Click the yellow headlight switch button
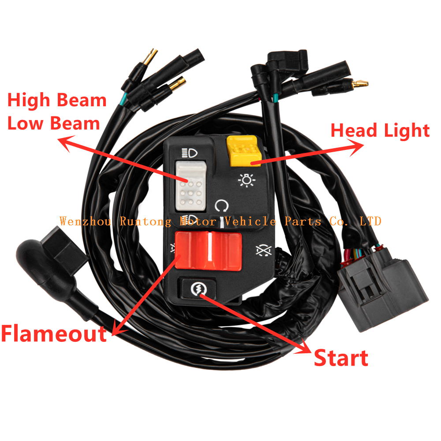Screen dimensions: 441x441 pos(244,151)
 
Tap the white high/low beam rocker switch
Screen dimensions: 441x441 pos(191,186)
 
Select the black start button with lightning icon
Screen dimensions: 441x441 pos(198,288)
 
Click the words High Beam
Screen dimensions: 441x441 pos(57,101)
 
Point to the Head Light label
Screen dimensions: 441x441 pos(380,131)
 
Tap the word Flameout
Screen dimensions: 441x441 pos(54,333)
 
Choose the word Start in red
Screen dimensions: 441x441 pos(341,358)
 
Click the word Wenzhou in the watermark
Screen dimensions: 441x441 pos(85,221)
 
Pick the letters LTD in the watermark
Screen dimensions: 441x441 pos(370,221)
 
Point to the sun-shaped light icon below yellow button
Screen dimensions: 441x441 pos(247,180)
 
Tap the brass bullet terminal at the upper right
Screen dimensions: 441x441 pos(360,83)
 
